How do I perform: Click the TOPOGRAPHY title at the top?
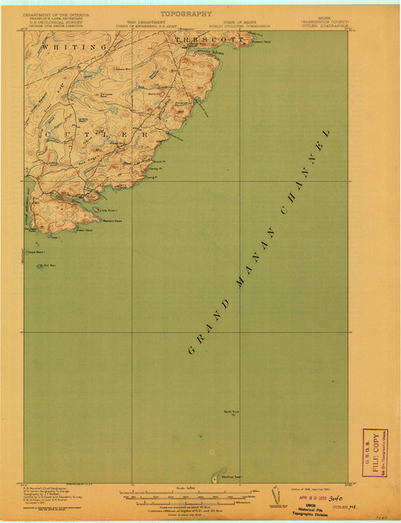(x=186, y=14)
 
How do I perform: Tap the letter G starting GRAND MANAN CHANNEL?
(x=192, y=350)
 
